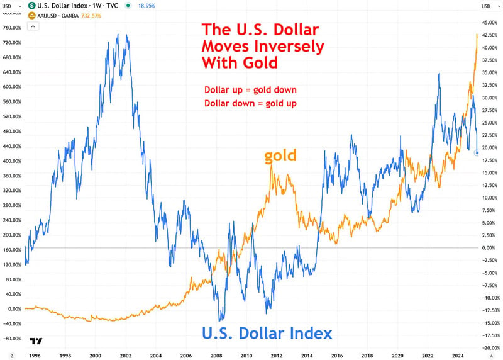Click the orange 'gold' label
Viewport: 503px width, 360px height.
pyautogui.click(x=280, y=155)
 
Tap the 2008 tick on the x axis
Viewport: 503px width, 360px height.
pyautogui.click(x=216, y=355)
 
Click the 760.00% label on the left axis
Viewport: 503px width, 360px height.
pyautogui.click(x=13, y=28)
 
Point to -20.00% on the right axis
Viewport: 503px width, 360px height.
pyautogui.click(x=490, y=348)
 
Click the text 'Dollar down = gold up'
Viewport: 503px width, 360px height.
pyautogui.click(x=250, y=103)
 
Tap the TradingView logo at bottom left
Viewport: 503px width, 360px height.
pyautogui.click(x=36, y=342)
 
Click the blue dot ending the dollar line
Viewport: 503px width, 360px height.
pyautogui.click(x=477, y=153)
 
